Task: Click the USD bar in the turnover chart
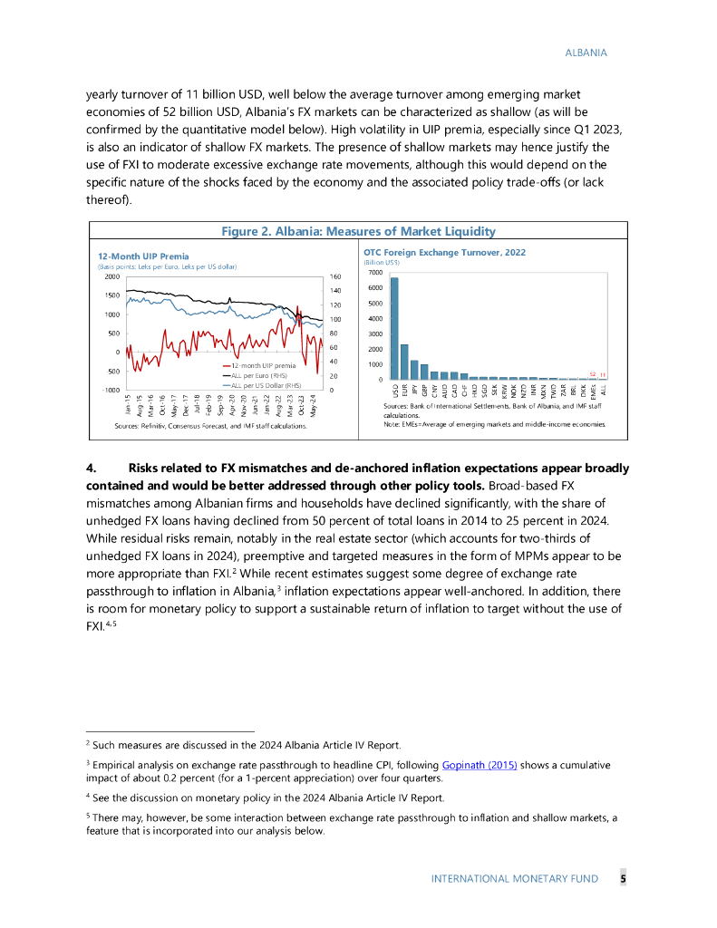(394, 328)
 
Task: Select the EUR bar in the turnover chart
(404, 362)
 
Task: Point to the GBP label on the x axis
(424, 391)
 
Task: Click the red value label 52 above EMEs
(592, 373)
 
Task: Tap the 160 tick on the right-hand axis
(335, 276)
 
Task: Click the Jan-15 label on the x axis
(129, 404)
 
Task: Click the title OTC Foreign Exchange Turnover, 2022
(444, 252)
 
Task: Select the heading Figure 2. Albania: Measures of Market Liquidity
(359, 231)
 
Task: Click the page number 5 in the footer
(623, 878)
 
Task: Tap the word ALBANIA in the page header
(586, 53)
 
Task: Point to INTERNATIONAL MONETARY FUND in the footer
(514, 879)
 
